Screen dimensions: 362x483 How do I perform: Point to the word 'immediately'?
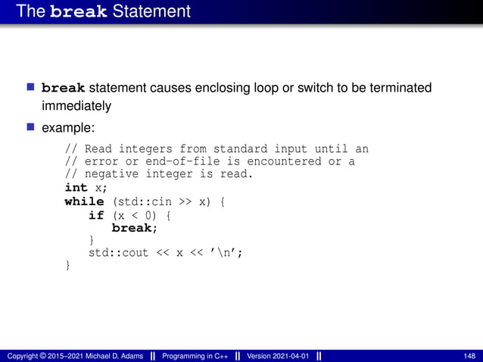[x=76, y=106]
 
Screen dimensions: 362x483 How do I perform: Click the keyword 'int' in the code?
[x=76, y=187]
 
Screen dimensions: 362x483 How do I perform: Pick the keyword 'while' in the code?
[x=84, y=201]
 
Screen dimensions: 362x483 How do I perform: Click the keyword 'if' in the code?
[x=96, y=215]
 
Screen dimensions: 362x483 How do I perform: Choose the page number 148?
[x=469, y=356]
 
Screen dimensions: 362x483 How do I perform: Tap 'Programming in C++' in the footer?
[x=197, y=356]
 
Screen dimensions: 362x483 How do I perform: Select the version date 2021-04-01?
[x=288, y=356]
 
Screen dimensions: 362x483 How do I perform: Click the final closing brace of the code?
[x=68, y=265]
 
